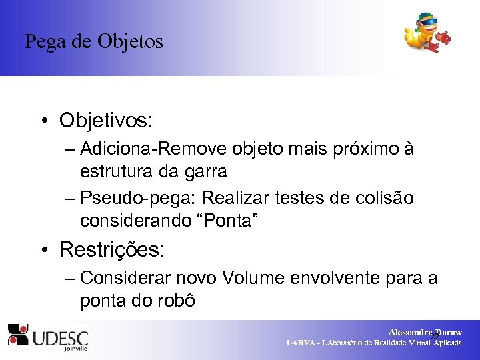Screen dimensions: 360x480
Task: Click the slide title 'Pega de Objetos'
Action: click(x=94, y=42)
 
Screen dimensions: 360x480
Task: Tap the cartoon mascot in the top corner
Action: click(x=426, y=33)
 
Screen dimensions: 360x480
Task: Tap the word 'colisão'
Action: click(x=383, y=198)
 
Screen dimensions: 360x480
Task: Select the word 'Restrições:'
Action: click(x=111, y=250)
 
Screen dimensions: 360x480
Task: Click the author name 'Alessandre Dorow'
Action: click(x=425, y=333)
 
